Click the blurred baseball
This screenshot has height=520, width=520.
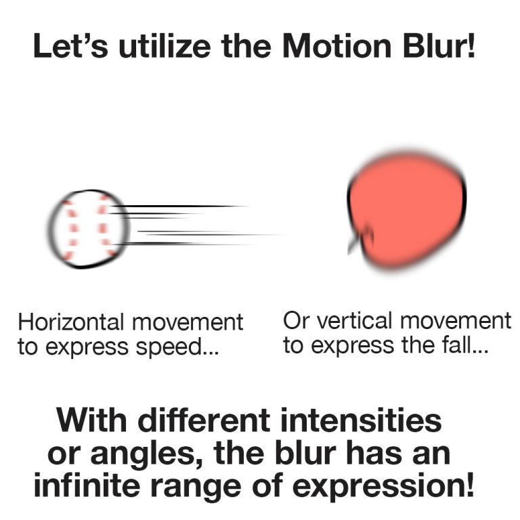tap(88, 229)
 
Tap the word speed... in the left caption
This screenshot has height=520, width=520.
tap(182, 348)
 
